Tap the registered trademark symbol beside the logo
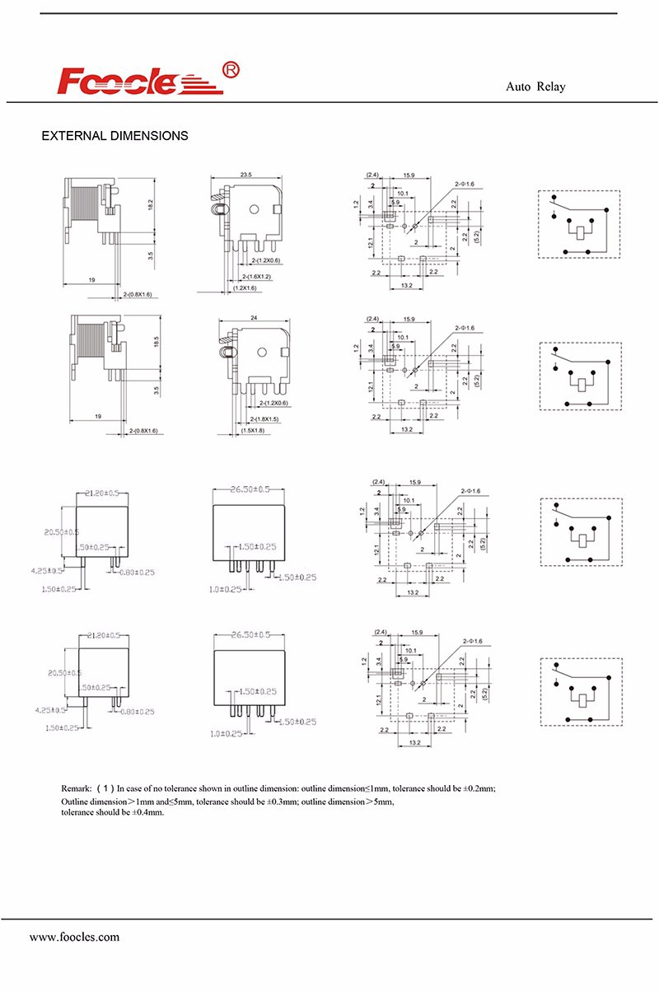point(231,71)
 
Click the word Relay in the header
point(551,86)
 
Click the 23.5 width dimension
point(245,175)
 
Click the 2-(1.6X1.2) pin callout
point(259,276)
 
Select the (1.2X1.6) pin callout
point(245,288)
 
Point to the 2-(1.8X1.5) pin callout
point(260,419)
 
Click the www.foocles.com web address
point(74,937)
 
